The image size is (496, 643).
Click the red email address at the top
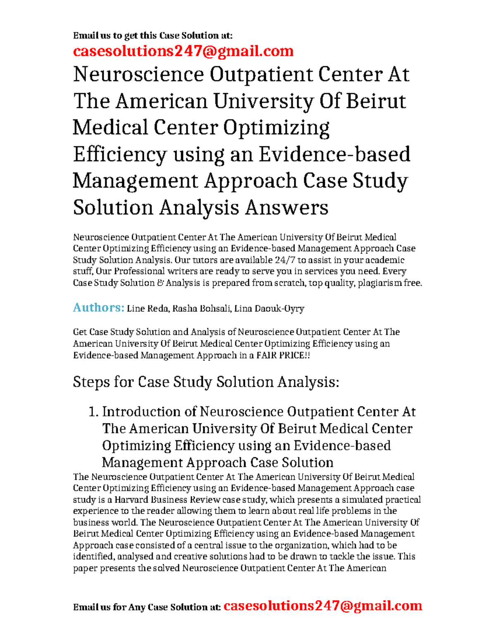tap(183, 51)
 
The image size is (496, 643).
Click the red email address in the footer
tap(323, 606)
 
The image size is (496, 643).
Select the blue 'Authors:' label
tap(98, 308)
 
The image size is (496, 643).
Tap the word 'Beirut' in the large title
tap(376, 101)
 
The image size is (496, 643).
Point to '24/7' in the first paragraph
tap(284, 260)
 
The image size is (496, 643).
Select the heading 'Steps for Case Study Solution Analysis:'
tap(206, 382)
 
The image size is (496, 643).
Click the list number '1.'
tap(94, 412)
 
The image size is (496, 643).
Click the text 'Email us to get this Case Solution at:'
tap(153, 36)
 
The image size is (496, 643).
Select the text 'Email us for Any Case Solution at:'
tap(147, 607)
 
